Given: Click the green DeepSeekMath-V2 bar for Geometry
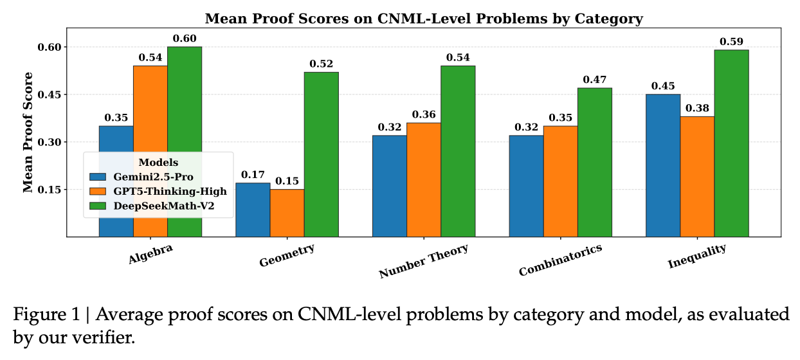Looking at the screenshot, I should (x=321, y=154).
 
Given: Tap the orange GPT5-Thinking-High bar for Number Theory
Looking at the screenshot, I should (x=424, y=179).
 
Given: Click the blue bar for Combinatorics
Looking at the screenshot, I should (x=526, y=186).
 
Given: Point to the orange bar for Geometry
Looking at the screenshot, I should (x=287, y=213).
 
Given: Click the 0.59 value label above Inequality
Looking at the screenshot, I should (x=731, y=42).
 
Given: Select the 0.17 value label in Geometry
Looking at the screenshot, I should (x=253, y=175).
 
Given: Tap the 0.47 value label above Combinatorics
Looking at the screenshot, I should (x=594, y=80).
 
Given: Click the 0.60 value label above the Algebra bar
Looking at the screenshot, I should (x=185, y=39).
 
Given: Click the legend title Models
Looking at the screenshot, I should (x=158, y=162).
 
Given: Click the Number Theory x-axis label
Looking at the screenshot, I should (x=423, y=260).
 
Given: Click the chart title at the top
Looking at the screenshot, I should (x=423, y=19).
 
